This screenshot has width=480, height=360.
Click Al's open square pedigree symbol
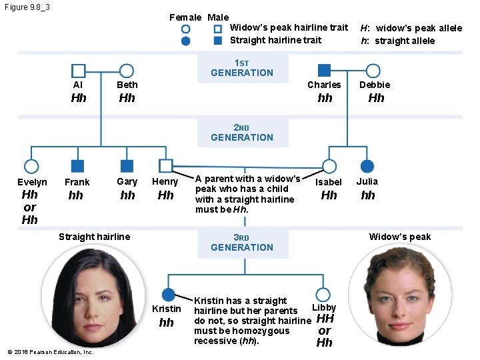pos(71,71)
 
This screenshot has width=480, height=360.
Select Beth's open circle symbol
pos(119,71)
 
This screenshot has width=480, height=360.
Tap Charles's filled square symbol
pos(324,71)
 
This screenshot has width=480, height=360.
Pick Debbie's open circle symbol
pos(366,71)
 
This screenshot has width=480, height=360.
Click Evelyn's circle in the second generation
pos(25,166)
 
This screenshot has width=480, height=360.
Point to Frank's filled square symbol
pos(77,166)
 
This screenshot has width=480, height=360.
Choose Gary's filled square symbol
pos(127,166)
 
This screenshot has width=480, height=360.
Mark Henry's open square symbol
pos(159,165)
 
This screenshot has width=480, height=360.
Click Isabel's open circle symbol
pos(323,166)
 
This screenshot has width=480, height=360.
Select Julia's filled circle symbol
pos(367,166)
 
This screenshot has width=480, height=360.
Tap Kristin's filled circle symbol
pos(168,295)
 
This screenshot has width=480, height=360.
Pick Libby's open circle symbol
pos(316,295)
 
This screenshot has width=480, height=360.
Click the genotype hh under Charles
pos(325,98)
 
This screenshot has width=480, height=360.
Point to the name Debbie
pos(375,85)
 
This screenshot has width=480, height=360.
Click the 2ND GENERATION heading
pos(242,133)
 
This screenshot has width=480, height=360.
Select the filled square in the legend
pos(217,41)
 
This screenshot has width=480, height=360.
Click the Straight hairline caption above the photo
pos(94,237)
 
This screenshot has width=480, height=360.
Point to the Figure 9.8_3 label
pos(27,7)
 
